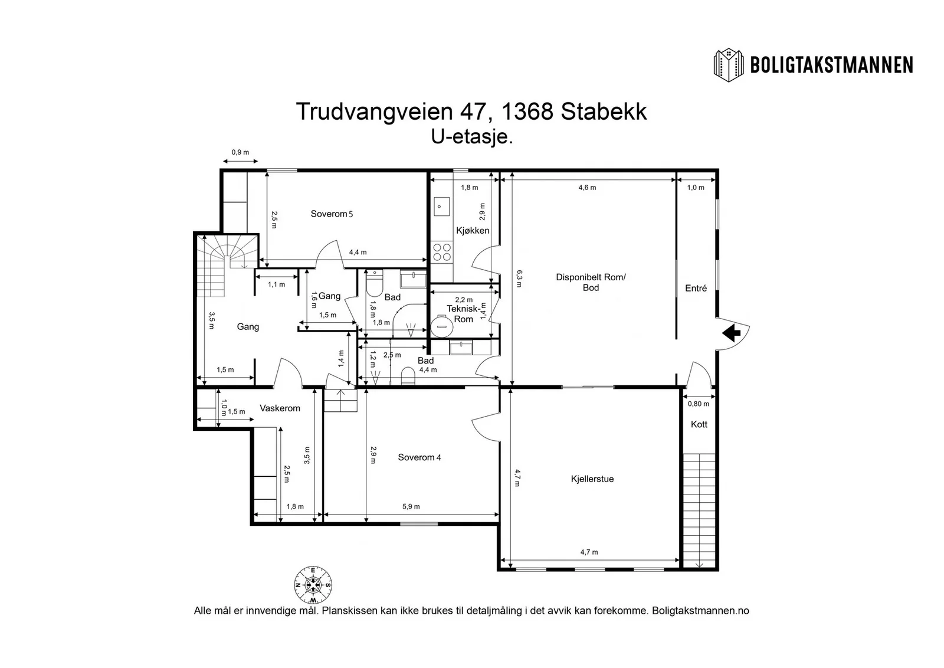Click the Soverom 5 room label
[332, 214]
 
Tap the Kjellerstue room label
[592, 479]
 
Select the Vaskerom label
[280, 408]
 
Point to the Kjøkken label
[473, 231]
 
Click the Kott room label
[699, 424]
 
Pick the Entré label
[696, 289]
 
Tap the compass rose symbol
[313, 585]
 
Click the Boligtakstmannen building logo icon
[728, 66]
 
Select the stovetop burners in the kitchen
[442, 251]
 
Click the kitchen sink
[442, 207]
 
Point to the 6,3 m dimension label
[519, 279]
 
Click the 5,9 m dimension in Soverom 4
[411, 506]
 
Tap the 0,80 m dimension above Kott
[699, 404]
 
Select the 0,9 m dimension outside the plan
[240, 152]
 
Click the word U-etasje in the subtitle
[471, 137]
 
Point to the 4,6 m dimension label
[587, 188]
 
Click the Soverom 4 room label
[419, 457]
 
